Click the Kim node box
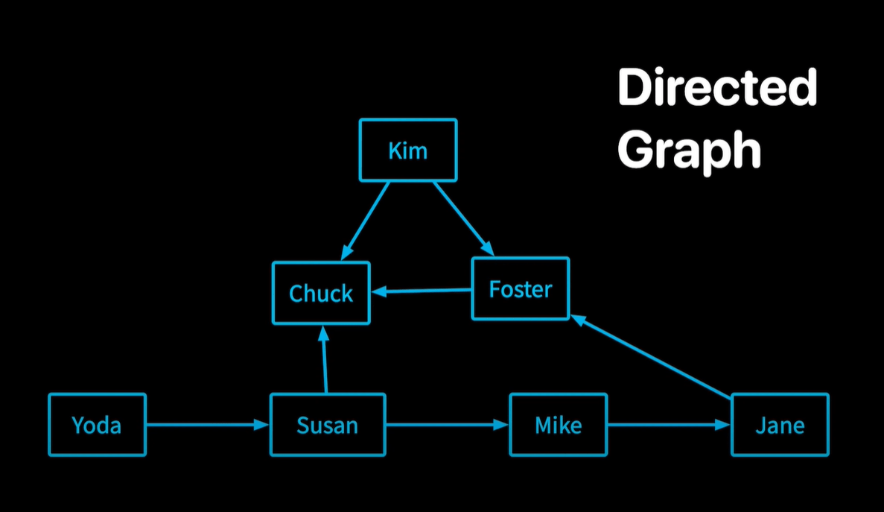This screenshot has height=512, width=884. pos(408,150)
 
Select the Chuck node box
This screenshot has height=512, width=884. pos(321,293)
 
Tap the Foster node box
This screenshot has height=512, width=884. pos(520,288)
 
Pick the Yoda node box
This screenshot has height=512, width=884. pos(97,425)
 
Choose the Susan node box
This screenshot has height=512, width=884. pos(327,425)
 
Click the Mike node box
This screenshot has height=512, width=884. pos(558,425)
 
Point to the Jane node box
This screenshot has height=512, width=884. pos(780,425)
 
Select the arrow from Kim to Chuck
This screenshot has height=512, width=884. pos(366,220)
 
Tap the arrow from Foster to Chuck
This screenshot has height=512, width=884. pos(422,291)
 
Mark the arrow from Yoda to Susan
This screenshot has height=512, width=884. pos(207,425)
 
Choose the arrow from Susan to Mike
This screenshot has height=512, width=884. pos(447,425)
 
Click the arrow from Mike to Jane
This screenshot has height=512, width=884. pos(669,425)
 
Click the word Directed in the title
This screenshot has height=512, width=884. pos(716,89)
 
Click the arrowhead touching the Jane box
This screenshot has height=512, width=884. pos(723,425)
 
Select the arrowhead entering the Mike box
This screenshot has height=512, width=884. pos(501,425)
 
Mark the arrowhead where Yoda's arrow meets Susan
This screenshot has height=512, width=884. pos(261,425)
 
